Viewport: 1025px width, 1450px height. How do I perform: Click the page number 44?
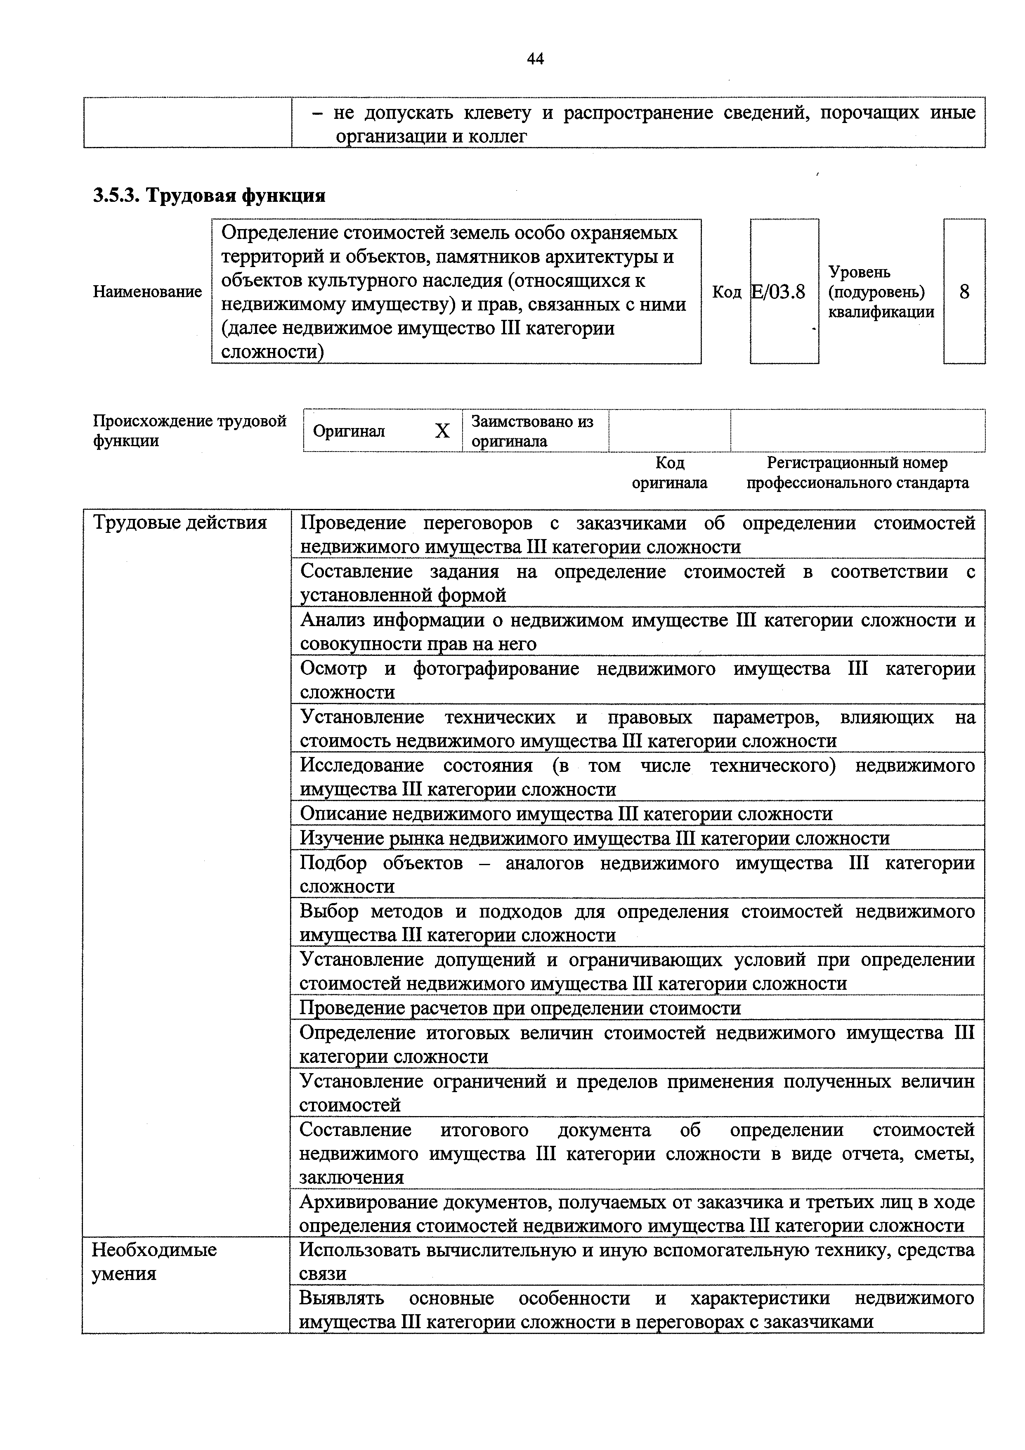click(x=535, y=59)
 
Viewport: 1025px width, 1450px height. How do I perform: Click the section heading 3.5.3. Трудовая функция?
click(x=209, y=195)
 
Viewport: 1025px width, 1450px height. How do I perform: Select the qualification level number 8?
click(x=964, y=292)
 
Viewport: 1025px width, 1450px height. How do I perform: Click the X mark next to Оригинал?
click(x=442, y=431)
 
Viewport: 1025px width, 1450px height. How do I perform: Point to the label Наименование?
click(x=147, y=292)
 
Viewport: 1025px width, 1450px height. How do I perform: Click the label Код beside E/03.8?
click(x=726, y=292)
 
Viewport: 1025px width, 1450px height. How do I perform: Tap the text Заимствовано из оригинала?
click(x=532, y=431)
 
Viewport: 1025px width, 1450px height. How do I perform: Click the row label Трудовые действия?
click(x=180, y=523)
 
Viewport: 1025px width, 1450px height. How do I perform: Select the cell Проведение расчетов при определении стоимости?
click(x=520, y=1008)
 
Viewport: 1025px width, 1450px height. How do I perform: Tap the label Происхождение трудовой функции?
click(x=189, y=431)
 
